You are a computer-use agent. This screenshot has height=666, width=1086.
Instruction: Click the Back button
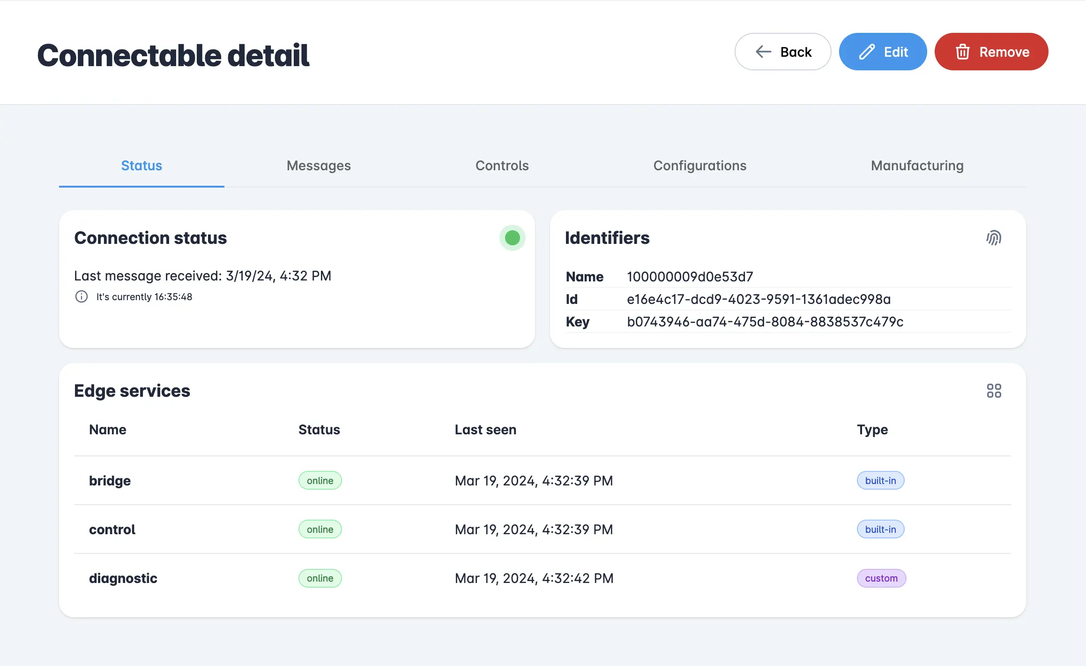[782, 52]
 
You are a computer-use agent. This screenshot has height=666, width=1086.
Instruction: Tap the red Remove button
[991, 52]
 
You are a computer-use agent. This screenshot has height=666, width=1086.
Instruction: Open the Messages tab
[319, 166]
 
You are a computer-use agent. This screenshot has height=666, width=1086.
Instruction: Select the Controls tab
[502, 166]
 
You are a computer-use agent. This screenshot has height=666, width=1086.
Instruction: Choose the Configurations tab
[699, 166]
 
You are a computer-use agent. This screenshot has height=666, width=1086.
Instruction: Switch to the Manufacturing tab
[917, 166]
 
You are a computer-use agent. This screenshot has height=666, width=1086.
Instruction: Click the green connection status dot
[512, 238]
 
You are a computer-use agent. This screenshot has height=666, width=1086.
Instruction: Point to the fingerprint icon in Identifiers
[993, 238]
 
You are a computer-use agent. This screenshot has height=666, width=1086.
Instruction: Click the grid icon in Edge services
[993, 391]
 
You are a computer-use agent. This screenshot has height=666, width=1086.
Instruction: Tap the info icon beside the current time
[82, 297]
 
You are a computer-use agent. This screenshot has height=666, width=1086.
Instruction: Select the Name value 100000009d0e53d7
[690, 277]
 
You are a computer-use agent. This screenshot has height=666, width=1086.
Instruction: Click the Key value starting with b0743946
[765, 322]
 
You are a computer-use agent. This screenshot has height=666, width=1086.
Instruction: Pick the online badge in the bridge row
[320, 481]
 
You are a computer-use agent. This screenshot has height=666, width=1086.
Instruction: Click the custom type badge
[881, 578]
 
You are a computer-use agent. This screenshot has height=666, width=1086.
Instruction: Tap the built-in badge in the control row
[880, 530]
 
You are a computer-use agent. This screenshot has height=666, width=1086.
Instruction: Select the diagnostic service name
[123, 578]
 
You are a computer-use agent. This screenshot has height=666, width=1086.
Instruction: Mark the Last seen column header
[485, 430]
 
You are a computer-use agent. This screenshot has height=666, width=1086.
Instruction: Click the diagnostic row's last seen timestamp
[534, 578]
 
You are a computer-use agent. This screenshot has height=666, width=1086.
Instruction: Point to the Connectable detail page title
[173, 55]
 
